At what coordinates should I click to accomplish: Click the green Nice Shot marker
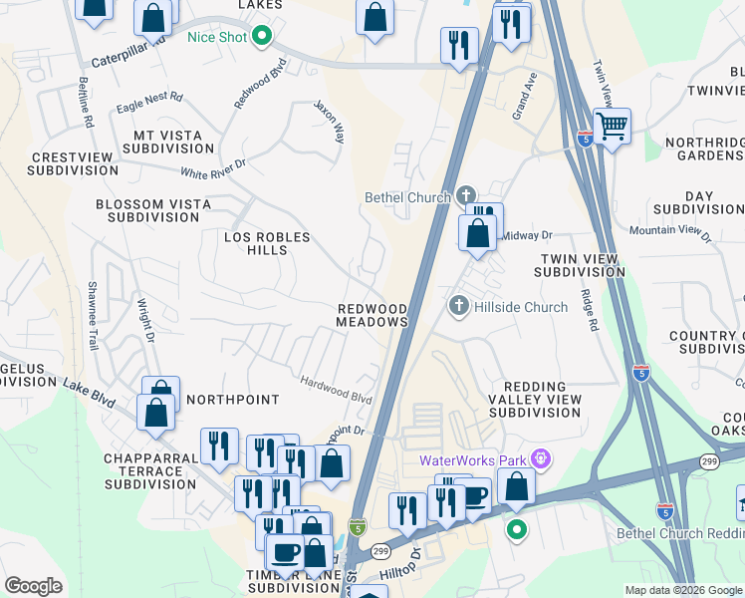[x=262, y=38]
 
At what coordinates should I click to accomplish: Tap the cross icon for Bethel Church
[x=466, y=196]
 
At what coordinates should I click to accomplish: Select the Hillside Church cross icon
[x=458, y=306]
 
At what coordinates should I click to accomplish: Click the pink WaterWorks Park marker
[x=541, y=459]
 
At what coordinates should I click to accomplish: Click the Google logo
[x=34, y=585]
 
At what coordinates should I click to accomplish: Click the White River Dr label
[x=212, y=170]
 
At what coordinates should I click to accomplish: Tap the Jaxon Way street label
[x=330, y=121]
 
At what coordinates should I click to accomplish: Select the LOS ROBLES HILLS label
[x=267, y=243]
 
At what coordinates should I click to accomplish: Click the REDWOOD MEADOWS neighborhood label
[x=372, y=316]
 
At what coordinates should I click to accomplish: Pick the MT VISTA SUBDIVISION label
[x=168, y=142]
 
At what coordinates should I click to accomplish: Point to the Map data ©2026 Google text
[x=682, y=590]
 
